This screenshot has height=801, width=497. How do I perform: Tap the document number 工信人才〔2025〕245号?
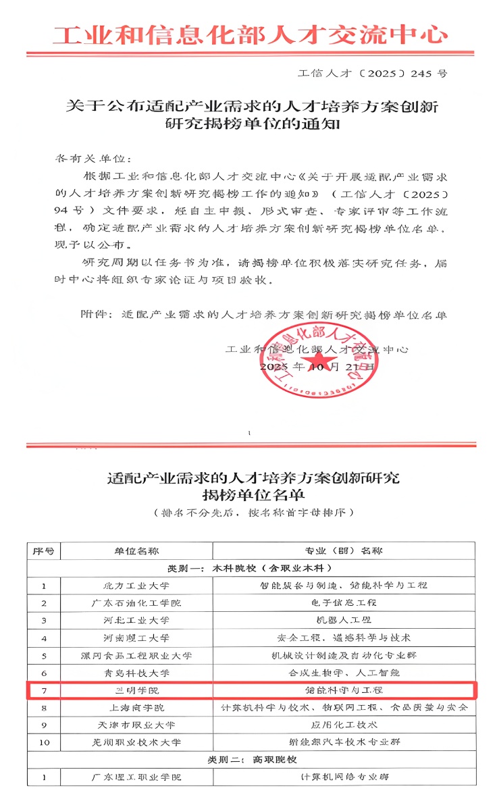(x=372, y=73)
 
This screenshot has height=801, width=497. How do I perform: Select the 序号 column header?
(x=43, y=550)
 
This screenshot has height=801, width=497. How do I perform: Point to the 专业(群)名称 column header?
(x=343, y=550)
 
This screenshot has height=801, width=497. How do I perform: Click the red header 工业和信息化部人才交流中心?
(x=250, y=34)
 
